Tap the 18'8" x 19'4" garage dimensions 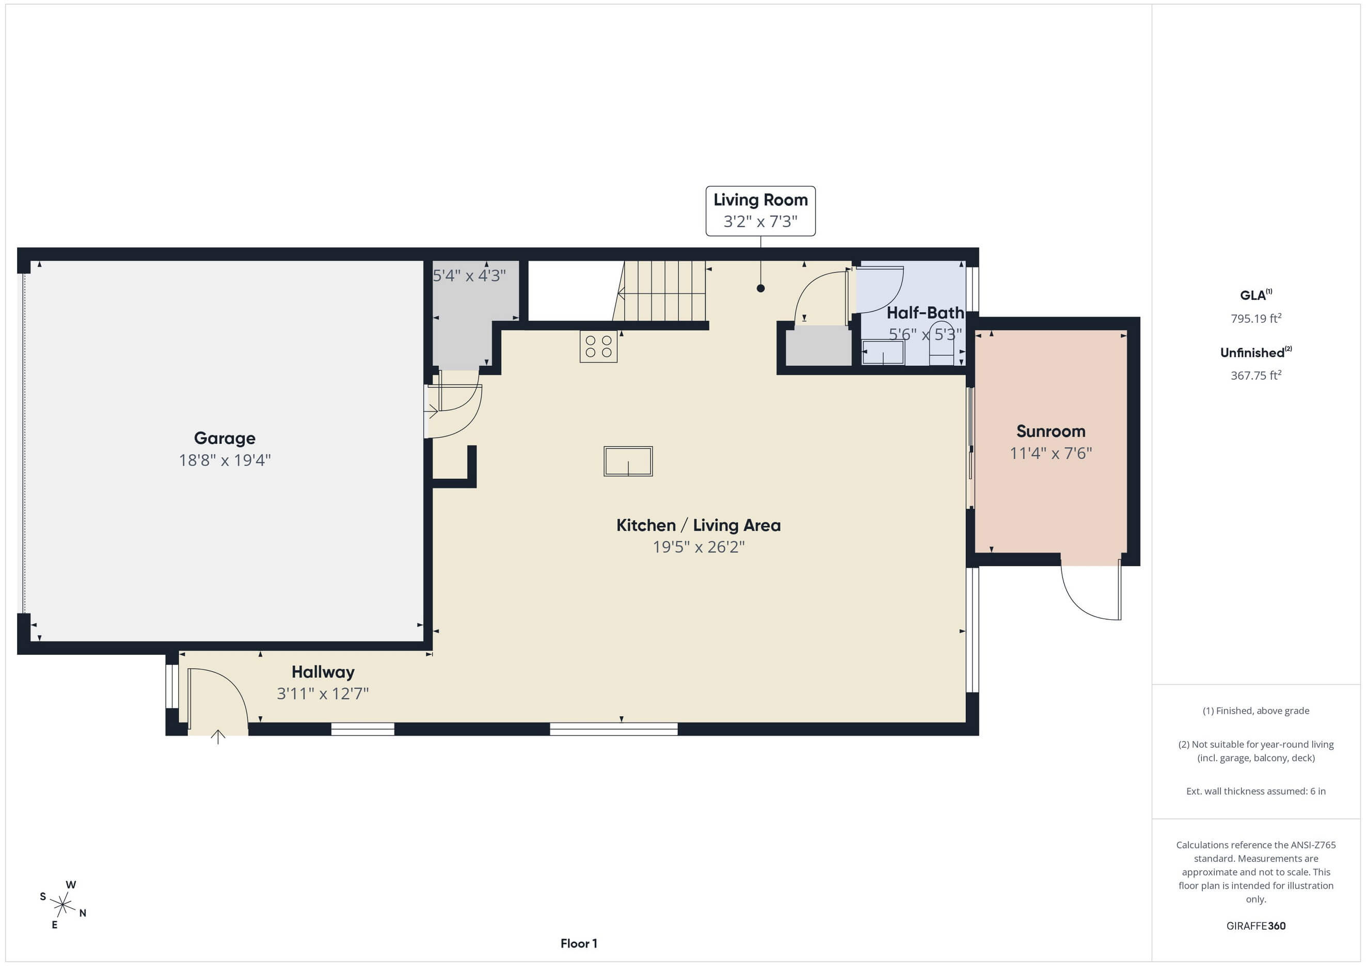pos(225,460)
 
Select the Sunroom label pos(1051,431)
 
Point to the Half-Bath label pos(925,313)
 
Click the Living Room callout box pos(760,211)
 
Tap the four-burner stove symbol pos(598,347)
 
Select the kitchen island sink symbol pos(628,461)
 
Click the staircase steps pos(660,291)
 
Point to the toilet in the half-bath pos(941,343)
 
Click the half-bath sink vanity pos(883,351)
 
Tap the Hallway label pos(323,672)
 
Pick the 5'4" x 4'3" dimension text pos(469,276)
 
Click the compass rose pos(62,905)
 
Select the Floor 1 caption pos(579,943)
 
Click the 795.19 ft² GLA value pos(1256,318)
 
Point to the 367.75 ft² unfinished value pos(1256,375)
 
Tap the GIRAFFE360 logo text pos(1256,926)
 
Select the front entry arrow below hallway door pos(218,737)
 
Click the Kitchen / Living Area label pos(698,525)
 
